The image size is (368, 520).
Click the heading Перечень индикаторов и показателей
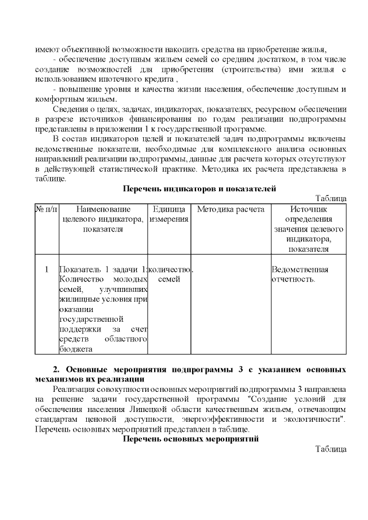200,188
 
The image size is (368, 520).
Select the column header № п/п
47,209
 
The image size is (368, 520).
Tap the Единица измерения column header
168,214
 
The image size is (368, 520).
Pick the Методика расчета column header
230,209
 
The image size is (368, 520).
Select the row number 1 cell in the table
47,269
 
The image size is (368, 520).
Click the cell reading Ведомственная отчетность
300,274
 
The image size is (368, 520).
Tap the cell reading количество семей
169,274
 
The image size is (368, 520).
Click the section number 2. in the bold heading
56,369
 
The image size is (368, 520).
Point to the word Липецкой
164,408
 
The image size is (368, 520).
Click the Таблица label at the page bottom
331,449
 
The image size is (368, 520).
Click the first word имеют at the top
45,49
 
